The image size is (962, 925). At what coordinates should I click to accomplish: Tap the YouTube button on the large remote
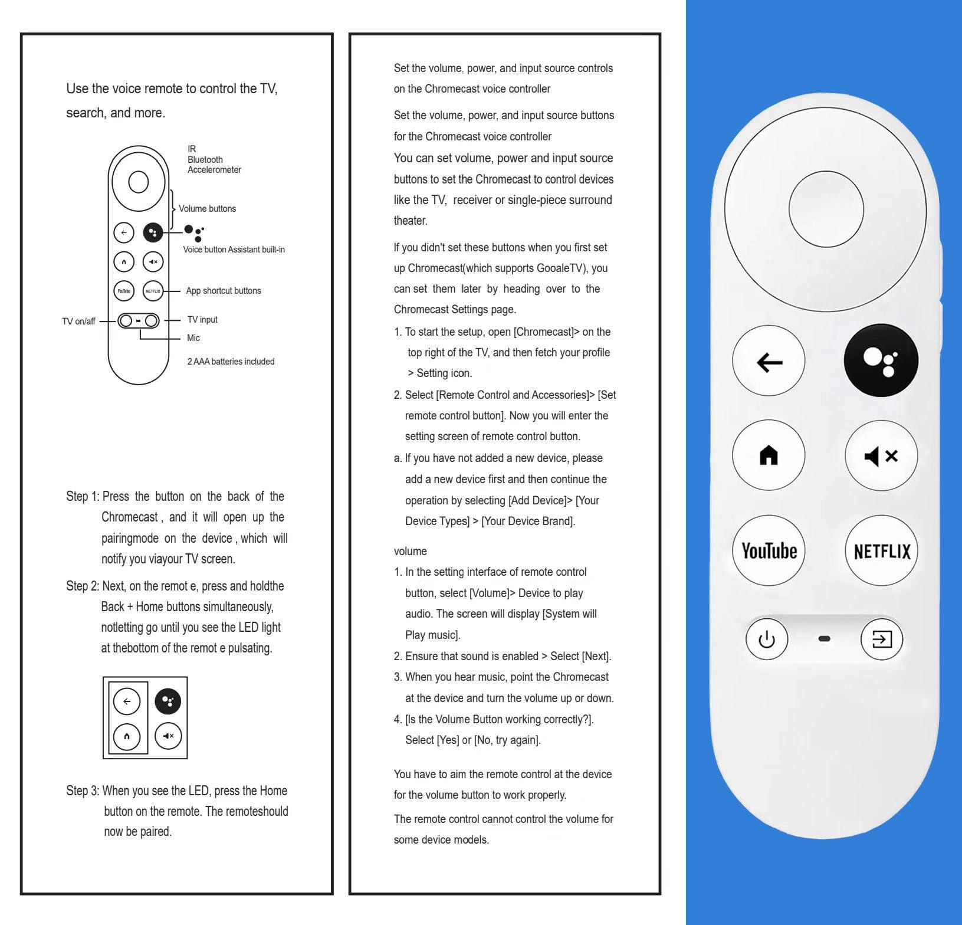(769, 550)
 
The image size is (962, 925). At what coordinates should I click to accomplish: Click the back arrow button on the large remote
(769, 361)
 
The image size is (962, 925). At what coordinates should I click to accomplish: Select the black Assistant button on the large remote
(881, 360)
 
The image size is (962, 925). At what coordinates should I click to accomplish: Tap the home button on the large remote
(769, 455)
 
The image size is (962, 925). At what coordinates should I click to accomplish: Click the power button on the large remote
(766, 639)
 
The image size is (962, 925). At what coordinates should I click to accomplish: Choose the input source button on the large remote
(881, 639)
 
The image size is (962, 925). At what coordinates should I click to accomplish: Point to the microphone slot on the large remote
(825, 639)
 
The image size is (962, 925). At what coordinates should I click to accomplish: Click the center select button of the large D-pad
(826, 209)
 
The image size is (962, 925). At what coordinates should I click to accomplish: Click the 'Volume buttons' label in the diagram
(207, 209)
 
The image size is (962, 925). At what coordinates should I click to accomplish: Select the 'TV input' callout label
(202, 320)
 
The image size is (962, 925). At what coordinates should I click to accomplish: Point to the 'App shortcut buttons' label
(223, 291)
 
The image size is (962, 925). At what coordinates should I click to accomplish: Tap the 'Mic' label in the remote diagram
(193, 338)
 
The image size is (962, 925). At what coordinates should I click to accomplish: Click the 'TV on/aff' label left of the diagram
(78, 322)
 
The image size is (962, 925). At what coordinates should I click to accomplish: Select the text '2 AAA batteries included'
(231, 362)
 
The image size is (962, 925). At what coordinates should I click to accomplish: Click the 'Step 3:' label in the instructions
(82, 790)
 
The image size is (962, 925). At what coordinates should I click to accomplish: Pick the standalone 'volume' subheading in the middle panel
(410, 551)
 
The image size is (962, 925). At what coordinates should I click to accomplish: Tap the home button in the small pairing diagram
(127, 736)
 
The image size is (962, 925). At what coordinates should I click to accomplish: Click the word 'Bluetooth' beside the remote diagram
(205, 160)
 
